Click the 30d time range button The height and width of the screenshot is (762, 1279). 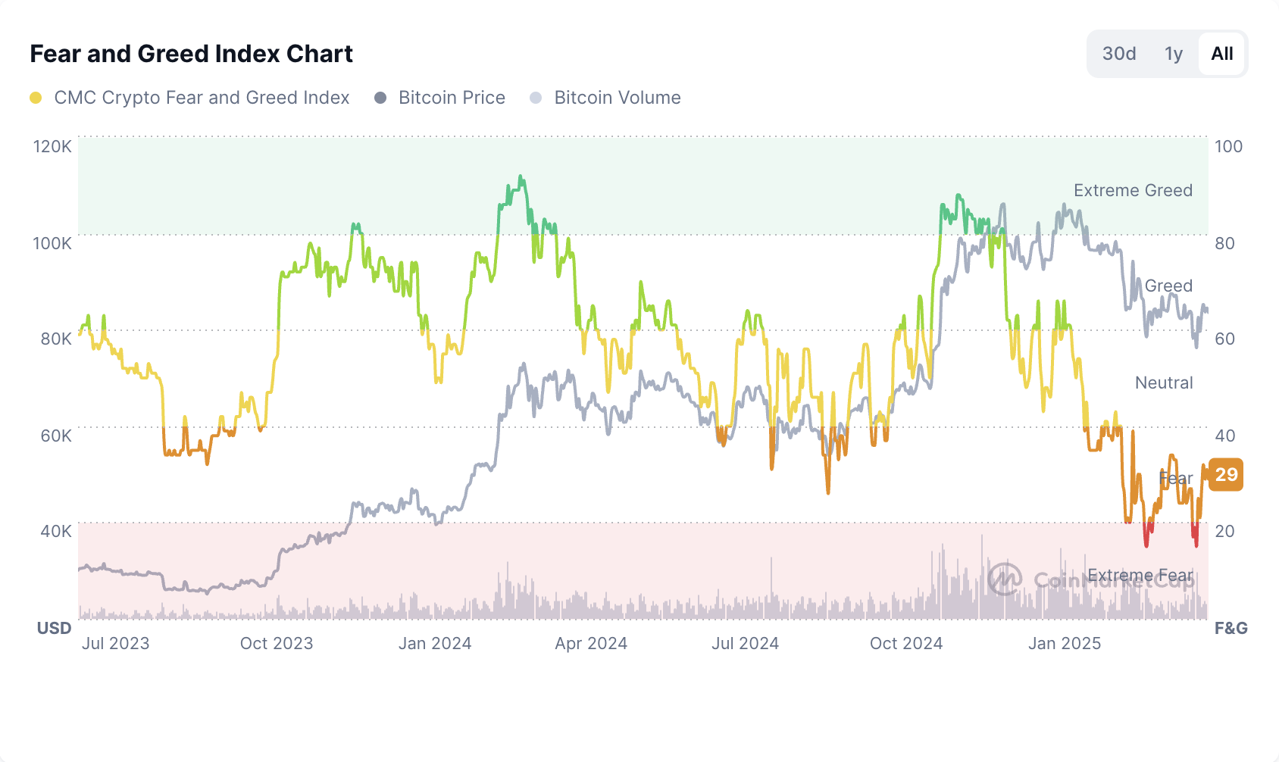tap(1119, 54)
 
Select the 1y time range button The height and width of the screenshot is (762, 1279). tap(1174, 54)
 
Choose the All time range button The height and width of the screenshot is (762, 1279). tap(1221, 54)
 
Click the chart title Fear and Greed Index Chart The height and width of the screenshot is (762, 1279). tap(191, 54)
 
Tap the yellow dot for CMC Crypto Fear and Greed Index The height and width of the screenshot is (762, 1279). tap(36, 98)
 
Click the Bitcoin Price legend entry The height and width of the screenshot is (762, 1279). tap(452, 98)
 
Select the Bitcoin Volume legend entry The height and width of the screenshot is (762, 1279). tap(617, 98)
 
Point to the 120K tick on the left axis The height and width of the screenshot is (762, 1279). tap(52, 146)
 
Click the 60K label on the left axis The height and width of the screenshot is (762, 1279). tap(55, 436)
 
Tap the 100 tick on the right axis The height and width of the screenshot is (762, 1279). tap(1228, 146)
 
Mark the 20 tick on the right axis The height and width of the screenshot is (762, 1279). tap(1224, 531)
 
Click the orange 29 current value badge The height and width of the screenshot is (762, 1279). tap(1226, 475)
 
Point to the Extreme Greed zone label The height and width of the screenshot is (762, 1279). tap(1133, 190)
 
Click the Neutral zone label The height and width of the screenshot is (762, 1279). tap(1164, 383)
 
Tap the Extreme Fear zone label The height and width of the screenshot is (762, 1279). tap(1140, 576)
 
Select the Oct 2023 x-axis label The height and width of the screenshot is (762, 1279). tap(277, 643)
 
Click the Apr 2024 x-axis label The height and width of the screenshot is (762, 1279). tap(591, 643)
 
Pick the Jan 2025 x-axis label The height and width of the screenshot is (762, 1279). tap(1065, 643)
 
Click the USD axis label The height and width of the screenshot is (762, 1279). tap(55, 628)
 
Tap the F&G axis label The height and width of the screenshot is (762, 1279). tap(1231, 628)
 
